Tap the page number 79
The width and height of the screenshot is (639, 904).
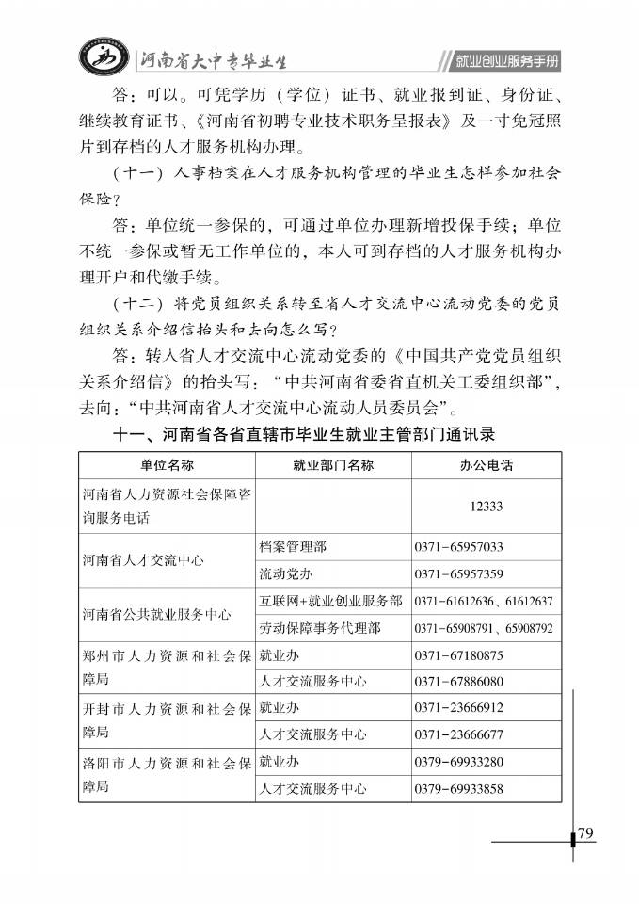585,832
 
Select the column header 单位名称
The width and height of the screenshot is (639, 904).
167,465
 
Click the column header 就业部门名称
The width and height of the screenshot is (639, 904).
333,465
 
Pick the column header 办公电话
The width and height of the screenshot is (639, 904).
486,465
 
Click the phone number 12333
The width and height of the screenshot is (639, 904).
486,506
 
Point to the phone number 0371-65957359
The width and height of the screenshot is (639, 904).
458,573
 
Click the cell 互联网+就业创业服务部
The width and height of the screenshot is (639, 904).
330,601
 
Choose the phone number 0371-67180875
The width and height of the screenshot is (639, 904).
458,654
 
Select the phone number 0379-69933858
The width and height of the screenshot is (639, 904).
458,788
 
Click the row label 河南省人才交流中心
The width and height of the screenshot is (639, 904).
142,560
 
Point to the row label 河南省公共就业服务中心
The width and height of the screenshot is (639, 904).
156,614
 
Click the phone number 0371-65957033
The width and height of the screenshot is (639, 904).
458,546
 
